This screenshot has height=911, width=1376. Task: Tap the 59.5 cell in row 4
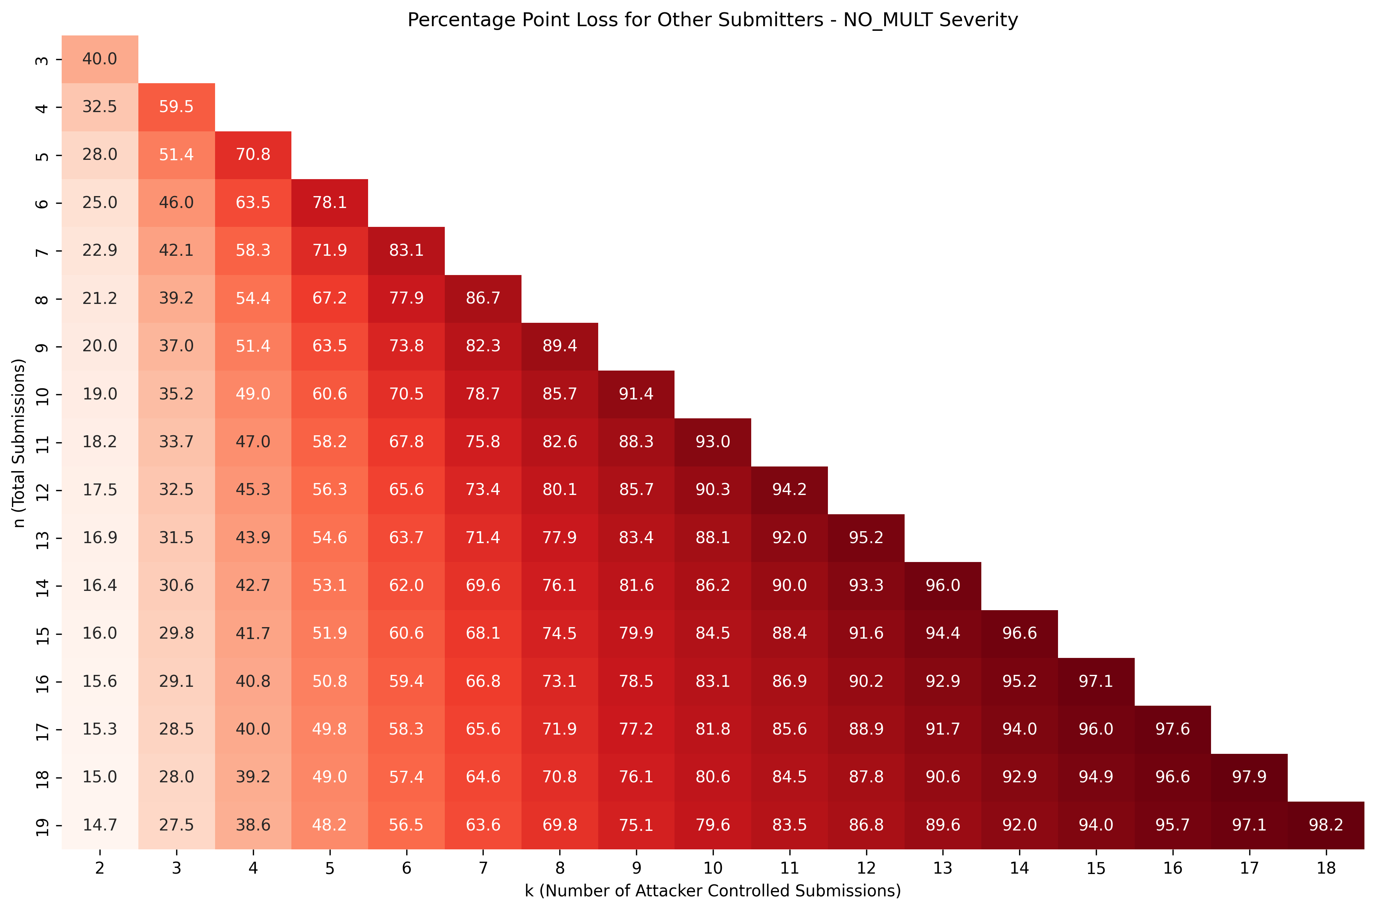pos(176,107)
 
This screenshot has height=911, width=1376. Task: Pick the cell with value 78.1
pos(330,202)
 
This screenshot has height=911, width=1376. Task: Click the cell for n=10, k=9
pos(636,394)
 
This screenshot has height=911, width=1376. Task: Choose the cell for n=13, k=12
pos(866,537)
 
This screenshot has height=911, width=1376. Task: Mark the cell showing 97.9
pos(1249,777)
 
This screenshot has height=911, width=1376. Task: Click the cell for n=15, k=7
pos(483,633)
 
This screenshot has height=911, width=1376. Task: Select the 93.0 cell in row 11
pos(713,441)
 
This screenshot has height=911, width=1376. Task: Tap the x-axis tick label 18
pos(1326,868)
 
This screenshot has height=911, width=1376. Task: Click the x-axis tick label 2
pos(99,868)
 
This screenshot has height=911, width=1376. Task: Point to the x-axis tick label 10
pos(713,868)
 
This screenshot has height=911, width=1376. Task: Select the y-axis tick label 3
pos(42,60)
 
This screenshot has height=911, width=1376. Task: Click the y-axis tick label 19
pos(42,825)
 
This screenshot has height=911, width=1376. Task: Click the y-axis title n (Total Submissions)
pos(19,443)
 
